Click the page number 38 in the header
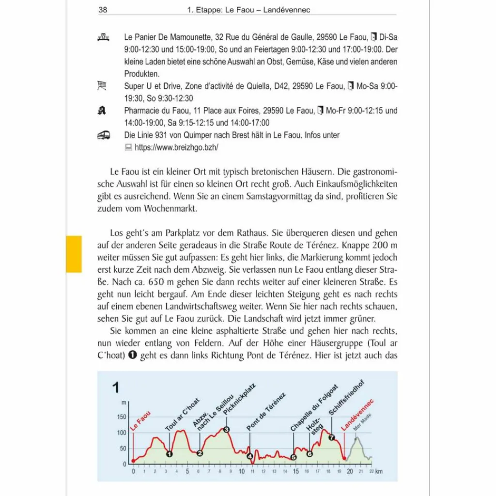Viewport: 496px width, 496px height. [103, 9]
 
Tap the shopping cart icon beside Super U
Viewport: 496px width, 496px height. [102, 86]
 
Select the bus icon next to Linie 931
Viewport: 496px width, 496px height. [104, 136]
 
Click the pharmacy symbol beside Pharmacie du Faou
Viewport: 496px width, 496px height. [102, 111]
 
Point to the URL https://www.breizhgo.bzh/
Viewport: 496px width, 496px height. [176, 148]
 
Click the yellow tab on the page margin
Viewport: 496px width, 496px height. [74, 254]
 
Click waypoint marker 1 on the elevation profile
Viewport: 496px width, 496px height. [169, 454]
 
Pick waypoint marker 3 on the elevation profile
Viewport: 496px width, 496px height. [226, 429]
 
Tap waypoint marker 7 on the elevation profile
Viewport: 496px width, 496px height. [332, 437]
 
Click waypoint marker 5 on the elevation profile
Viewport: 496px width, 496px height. [294, 457]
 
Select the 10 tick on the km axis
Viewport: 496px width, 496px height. [241, 472]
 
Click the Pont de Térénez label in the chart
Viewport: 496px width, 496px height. [266, 412]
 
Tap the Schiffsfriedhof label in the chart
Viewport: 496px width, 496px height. [346, 398]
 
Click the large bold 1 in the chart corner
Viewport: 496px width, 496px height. [116, 387]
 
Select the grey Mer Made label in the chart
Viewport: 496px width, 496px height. [362, 422]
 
